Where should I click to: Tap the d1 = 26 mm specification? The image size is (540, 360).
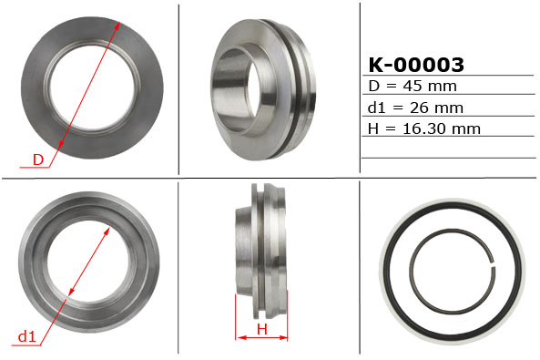415,108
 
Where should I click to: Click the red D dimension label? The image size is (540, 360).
38,160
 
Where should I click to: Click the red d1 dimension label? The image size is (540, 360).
26,337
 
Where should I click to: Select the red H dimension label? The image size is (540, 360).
260,329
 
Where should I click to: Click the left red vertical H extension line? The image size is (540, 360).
236,314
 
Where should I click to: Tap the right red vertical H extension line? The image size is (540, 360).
288,314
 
